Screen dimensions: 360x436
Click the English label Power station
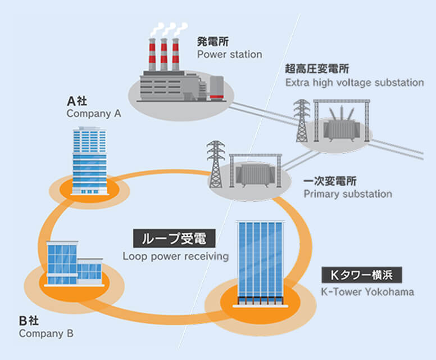tap(229, 55)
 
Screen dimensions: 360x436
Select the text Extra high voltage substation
tap(354, 83)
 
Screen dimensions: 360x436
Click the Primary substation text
tap(348, 194)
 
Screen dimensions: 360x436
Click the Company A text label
tap(94, 113)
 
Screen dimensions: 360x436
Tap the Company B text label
tap(46, 333)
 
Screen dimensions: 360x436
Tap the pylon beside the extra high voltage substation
tap(302, 121)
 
